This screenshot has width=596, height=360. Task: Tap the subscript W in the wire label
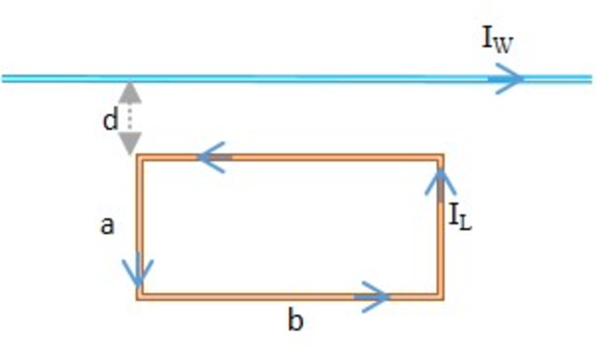pyautogui.click(x=506, y=44)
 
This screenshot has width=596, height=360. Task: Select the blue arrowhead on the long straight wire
pyautogui.click(x=508, y=79)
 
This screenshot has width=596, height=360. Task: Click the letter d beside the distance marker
pyautogui.click(x=110, y=120)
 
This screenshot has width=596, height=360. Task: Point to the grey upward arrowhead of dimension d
pyautogui.click(x=131, y=93)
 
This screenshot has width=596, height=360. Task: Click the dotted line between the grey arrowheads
pyautogui.click(x=131, y=119)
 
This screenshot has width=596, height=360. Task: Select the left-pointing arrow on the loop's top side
pyautogui.click(x=214, y=156)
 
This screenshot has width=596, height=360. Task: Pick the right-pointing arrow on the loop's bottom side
pyautogui.click(x=373, y=295)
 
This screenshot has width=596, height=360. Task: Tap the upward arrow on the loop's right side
pyautogui.click(x=441, y=182)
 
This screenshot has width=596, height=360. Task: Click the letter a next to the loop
pyautogui.click(x=108, y=226)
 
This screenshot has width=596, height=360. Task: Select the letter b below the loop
pyautogui.click(x=293, y=321)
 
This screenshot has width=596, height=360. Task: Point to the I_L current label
pyautogui.click(x=461, y=218)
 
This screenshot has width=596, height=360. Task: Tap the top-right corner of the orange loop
pyautogui.click(x=441, y=156)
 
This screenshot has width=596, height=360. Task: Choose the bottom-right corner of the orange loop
pyautogui.click(x=441, y=295)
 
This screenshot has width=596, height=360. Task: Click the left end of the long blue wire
pyautogui.click(x=4, y=79)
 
